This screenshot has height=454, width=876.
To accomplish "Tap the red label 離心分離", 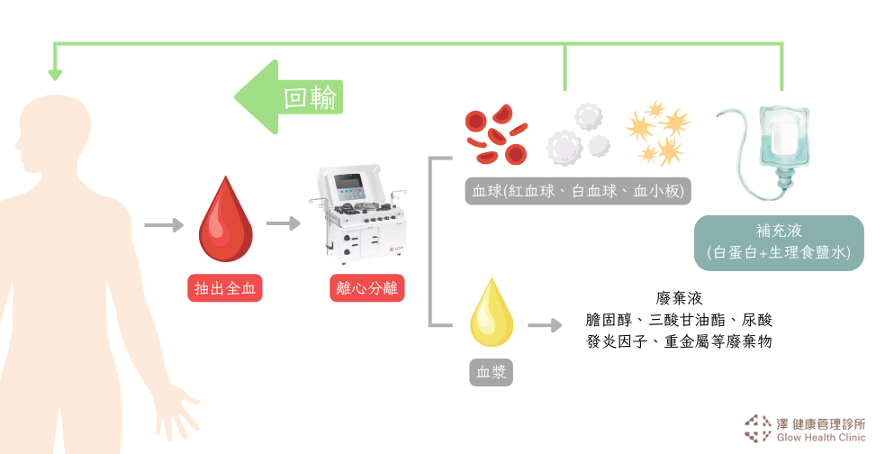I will click(x=367, y=288).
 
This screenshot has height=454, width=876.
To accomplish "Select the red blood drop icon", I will click(x=225, y=220).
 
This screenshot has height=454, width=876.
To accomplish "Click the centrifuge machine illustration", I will click(x=359, y=216).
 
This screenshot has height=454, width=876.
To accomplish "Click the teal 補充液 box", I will click(x=778, y=241).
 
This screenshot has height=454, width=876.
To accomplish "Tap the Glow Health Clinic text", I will click(x=819, y=438).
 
